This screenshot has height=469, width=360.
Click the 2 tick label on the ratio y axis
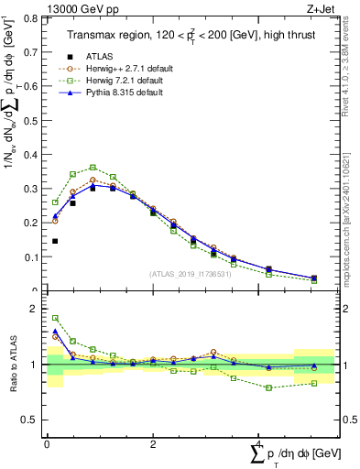click(x=38, y=309)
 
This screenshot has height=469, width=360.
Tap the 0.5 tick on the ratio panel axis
click(x=34, y=420)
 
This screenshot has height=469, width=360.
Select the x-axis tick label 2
click(x=153, y=444)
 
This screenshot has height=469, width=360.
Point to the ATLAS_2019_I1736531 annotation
click(x=190, y=274)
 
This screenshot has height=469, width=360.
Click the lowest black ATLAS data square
click(x=56, y=241)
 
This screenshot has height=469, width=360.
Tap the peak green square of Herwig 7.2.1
click(x=93, y=168)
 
